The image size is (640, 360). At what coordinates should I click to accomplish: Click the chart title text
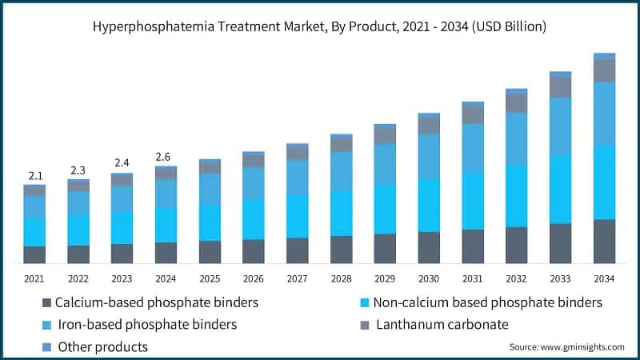point(320,26)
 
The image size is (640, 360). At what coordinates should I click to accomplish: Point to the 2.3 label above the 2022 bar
point(78,170)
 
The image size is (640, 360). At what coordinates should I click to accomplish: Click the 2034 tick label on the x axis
point(604,278)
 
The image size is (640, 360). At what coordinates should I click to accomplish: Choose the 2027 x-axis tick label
point(297,278)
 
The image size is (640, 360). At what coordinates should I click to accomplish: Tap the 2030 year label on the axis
point(429,278)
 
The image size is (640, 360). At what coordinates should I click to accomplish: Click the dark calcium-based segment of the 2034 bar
point(604,242)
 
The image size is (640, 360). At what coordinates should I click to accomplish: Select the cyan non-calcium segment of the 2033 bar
point(560,189)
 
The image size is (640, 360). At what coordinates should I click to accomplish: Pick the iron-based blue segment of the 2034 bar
point(604,114)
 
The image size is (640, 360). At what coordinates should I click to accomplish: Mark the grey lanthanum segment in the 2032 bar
point(517,103)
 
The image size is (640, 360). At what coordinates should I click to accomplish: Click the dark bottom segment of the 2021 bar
point(34,254)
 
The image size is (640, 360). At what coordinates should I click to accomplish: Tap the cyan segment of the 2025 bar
point(210,222)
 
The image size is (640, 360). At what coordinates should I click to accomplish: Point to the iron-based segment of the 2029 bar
point(385,164)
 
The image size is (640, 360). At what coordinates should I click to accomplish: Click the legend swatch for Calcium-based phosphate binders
point(46,303)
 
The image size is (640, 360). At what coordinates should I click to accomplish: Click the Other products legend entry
point(101,346)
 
